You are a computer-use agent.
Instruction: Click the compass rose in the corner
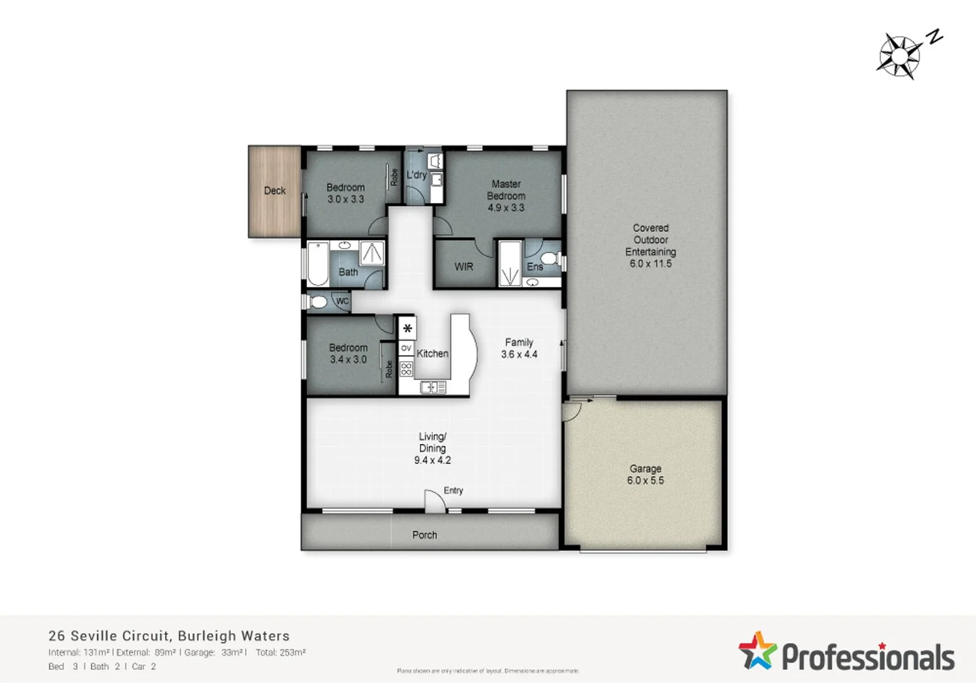899,56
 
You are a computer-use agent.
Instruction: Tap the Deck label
275,190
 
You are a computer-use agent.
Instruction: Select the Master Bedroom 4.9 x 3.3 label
506,195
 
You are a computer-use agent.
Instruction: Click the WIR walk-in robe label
464,267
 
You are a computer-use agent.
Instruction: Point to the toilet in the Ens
549,258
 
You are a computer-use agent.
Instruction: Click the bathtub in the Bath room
318,264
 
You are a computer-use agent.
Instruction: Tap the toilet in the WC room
318,302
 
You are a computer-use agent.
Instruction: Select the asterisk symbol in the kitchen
407,328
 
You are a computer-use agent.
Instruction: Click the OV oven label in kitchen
406,348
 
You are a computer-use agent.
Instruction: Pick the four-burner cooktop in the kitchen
406,369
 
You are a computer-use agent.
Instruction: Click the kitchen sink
433,387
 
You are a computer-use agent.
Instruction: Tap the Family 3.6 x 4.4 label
519,348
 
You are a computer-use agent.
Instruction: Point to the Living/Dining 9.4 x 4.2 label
433,448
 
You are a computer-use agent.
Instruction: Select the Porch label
424,535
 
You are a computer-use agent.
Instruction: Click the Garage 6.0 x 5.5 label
645,474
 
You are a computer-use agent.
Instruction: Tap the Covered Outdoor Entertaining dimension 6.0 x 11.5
650,264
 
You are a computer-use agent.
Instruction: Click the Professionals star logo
757,650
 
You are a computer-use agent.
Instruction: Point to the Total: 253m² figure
281,653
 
